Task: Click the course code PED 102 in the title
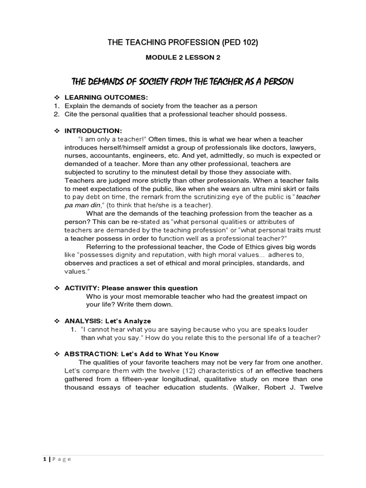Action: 240,43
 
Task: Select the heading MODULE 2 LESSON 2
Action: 183,58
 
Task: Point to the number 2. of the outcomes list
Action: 56,114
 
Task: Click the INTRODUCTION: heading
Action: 93,131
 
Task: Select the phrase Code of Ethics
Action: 243,247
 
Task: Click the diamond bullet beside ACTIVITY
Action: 56,288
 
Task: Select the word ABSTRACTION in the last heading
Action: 85,354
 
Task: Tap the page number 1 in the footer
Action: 44,459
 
